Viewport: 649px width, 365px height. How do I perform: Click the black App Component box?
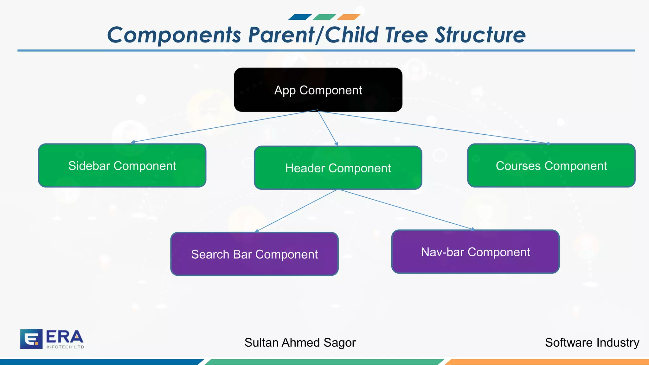click(x=318, y=90)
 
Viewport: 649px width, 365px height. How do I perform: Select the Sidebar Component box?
click(x=122, y=165)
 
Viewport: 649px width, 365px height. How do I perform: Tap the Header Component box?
click(x=338, y=168)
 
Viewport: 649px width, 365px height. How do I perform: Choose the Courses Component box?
click(x=551, y=165)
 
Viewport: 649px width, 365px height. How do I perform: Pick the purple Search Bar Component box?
click(x=254, y=254)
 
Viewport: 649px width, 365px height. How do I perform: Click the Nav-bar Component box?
click(x=475, y=252)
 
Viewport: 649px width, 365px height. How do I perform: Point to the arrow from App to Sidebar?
click(x=225, y=126)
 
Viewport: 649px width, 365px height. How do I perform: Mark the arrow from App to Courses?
click(x=434, y=127)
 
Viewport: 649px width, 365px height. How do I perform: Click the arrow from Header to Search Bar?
click(x=297, y=211)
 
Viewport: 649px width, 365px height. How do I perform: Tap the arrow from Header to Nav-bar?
click(x=406, y=209)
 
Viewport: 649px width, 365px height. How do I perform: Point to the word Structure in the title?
click(x=480, y=35)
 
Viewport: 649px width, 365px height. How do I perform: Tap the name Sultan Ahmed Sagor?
click(x=300, y=343)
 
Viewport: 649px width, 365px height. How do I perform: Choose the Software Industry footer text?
click(x=592, y=343)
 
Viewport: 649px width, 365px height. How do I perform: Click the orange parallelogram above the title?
click(x=349, y=17)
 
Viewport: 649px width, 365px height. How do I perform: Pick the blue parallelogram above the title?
click(x=300, y=17)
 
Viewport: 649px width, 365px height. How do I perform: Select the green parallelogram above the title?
click(x=324, y=17)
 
